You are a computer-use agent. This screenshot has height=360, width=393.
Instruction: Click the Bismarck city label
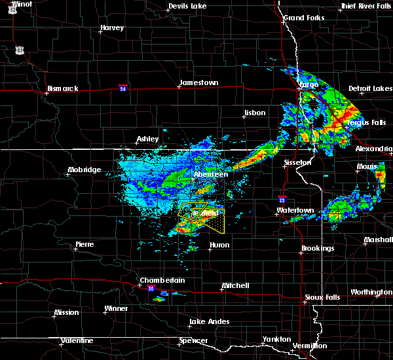(62, 88)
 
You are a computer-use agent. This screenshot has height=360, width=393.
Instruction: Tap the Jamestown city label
(199, 83)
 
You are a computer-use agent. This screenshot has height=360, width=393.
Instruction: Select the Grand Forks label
(304, 18)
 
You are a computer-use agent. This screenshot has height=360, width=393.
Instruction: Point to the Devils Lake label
(188, 6)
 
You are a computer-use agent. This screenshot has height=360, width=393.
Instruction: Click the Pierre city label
(84, 244)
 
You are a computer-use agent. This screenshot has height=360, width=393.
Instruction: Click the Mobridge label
(84, 170)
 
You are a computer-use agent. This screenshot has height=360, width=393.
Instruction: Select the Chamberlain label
(162, 280)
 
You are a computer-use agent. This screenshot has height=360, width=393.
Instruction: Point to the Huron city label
(219, 245)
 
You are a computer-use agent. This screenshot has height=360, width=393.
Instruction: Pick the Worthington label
(371, 292)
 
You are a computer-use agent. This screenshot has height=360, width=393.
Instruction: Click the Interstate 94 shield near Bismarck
(123, 86)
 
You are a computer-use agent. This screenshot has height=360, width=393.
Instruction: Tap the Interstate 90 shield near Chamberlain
(151, 289)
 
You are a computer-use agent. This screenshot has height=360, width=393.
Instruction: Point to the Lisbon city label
(254, 113)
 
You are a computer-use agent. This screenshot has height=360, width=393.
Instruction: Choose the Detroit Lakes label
(370, 88)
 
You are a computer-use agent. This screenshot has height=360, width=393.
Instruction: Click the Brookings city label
(318, 248)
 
